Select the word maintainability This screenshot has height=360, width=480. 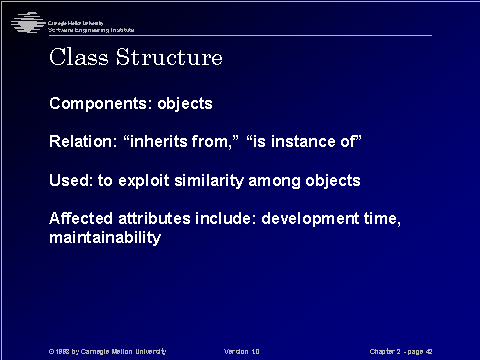coord(105,239)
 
